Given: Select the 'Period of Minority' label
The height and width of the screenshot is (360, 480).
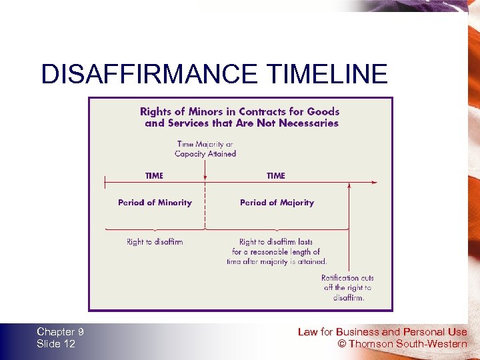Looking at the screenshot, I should (155, 203).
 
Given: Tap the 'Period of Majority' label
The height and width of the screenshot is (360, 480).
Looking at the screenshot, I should (277, 203).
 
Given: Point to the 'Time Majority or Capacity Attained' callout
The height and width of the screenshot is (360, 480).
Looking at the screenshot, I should (205, 149).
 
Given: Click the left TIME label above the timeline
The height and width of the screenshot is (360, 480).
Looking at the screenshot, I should (154, 176).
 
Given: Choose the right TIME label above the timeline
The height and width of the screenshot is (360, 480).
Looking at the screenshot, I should (276, 176).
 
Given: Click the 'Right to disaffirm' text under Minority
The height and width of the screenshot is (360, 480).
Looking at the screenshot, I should (155, 242).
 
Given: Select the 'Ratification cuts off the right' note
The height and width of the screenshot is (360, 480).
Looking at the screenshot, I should (347, 287).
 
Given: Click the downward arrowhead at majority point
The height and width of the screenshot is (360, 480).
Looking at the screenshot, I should (205, 178).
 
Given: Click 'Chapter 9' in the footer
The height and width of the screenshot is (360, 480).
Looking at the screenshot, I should (60, 332).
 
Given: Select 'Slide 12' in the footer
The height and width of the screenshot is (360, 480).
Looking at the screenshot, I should (56, 344).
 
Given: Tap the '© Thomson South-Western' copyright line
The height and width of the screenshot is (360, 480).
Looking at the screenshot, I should (403, 344).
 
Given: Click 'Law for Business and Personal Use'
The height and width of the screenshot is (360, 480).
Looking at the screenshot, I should (382, 332).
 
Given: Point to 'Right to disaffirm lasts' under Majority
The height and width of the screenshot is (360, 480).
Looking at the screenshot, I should (276, 242).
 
